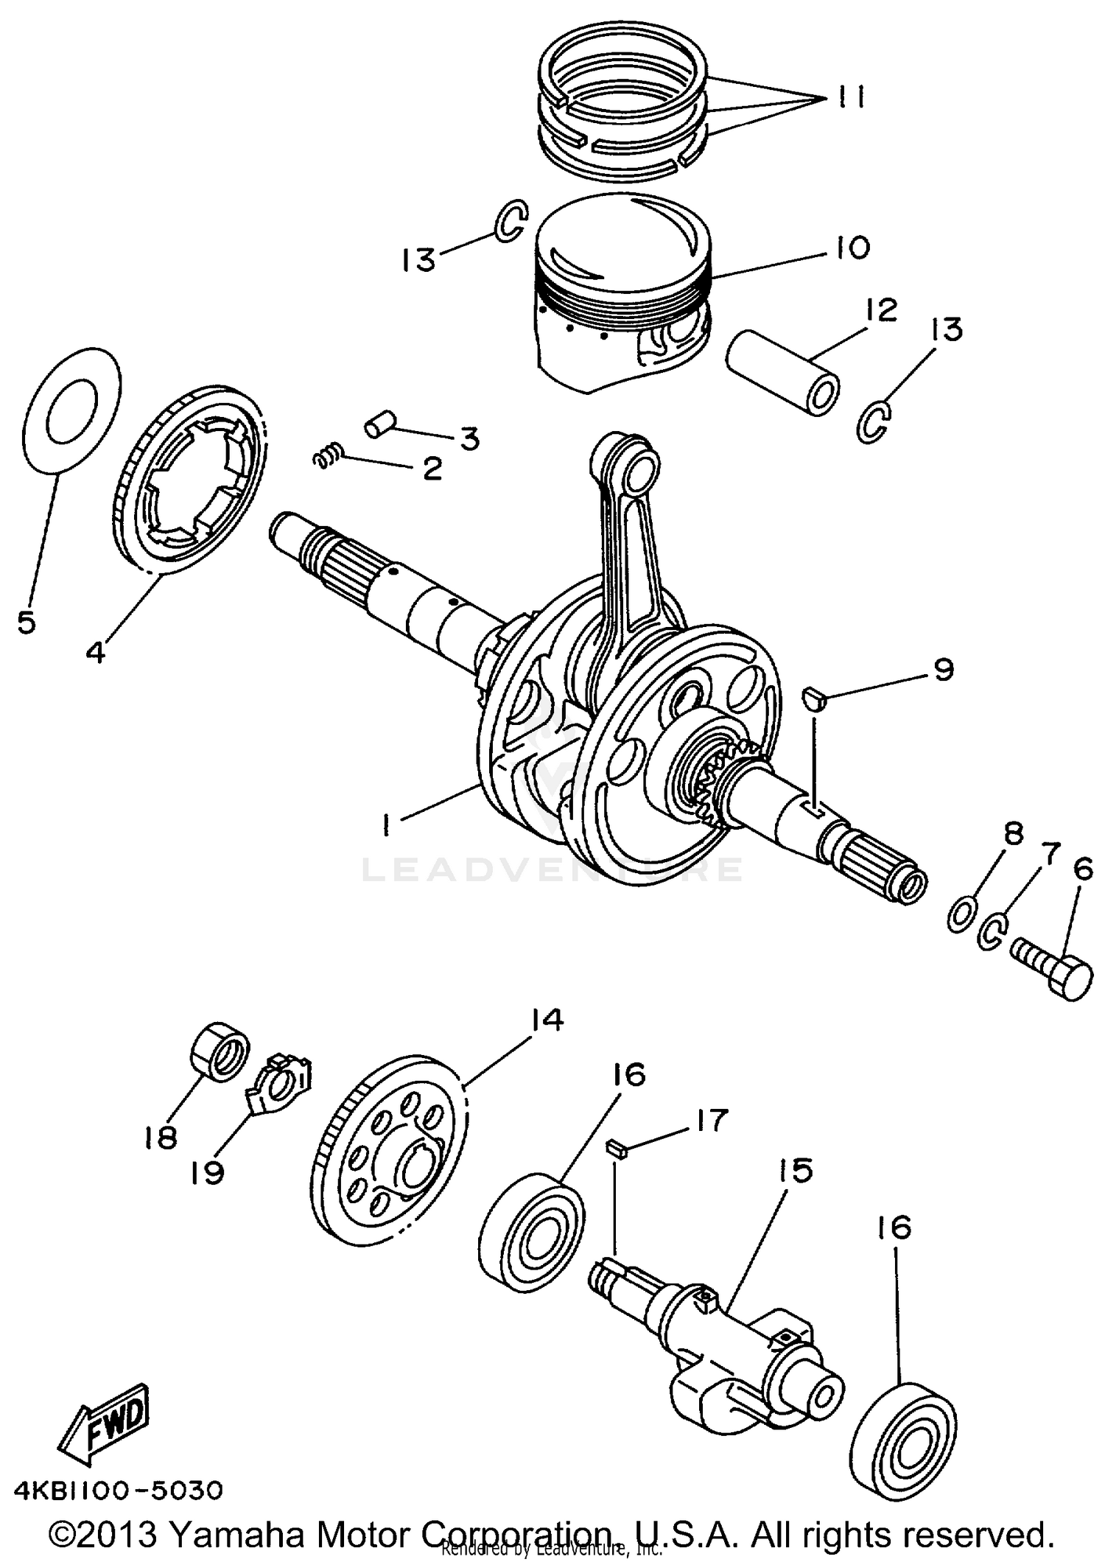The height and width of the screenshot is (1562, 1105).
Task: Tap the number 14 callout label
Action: coord(545,1020)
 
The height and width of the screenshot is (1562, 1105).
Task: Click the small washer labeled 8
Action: coord(961,914)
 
